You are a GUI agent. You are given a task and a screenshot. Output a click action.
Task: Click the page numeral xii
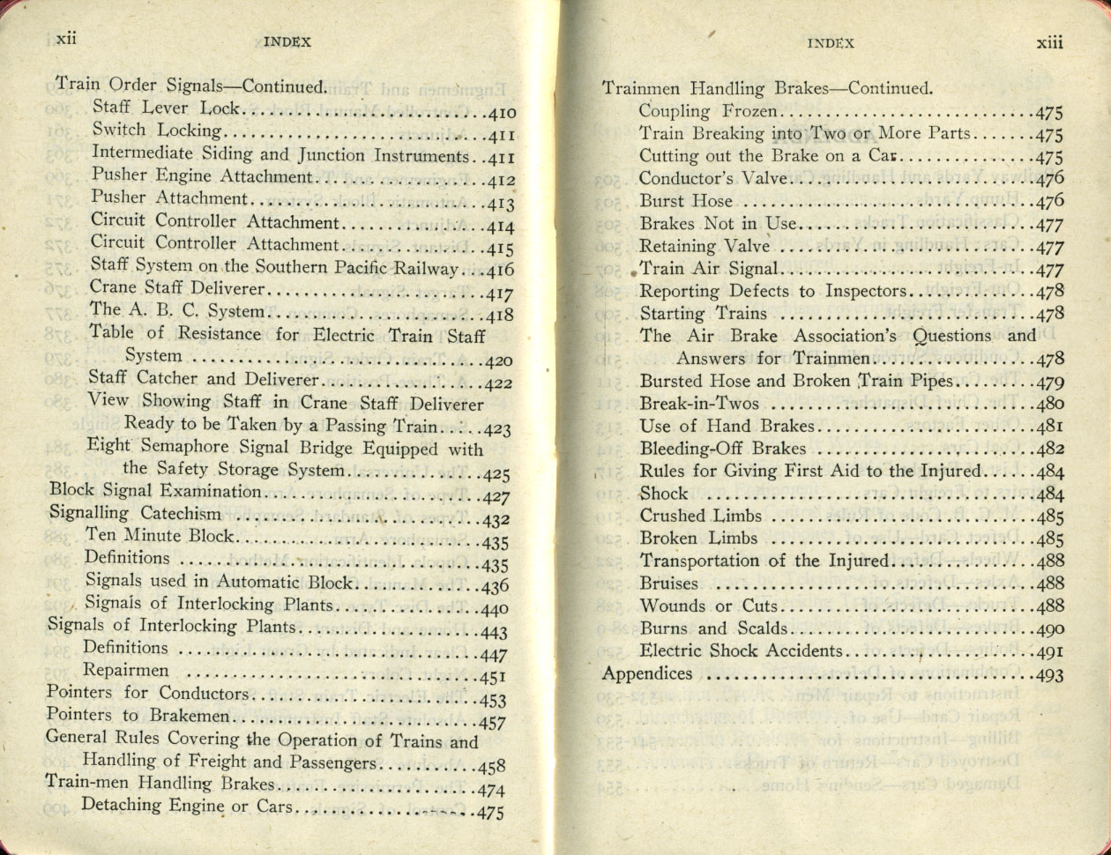click(67, 39)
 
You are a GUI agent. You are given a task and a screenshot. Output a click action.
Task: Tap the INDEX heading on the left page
click(287, 41)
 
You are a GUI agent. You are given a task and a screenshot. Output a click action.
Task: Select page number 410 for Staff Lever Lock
click(500, 114)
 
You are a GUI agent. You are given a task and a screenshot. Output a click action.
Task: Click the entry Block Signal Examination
click(155, 492)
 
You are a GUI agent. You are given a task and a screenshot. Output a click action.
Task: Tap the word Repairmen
click(126, 670)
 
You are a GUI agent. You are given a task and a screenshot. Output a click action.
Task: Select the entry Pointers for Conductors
click(147, 693)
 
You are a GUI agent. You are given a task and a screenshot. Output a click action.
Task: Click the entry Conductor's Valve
click(713, 178)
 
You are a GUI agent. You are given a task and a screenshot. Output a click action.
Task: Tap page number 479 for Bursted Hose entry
click(1050, 383)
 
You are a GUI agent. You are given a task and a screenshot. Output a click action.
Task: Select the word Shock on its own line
click(664, 494)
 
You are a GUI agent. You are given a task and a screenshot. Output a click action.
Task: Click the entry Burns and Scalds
click(713, 628)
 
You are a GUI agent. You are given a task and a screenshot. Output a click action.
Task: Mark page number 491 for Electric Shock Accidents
click(1050, 653)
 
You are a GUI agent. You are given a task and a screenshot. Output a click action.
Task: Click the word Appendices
click(647, 674)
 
